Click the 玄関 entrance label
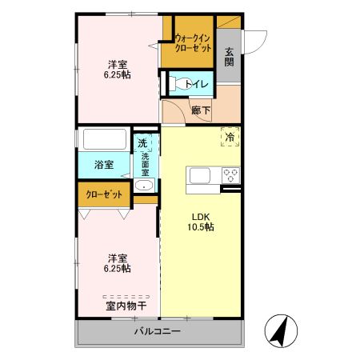tap(229, 58)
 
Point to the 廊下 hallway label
tap(200, 110)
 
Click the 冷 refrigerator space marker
tap(230, 138)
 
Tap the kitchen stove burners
tap(230, 175)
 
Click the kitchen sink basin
tap(199, 175)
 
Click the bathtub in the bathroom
tap(104, 140)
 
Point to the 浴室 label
tap(103, 165)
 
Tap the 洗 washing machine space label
tap(142, 142)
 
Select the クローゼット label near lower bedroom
tap(104, 194)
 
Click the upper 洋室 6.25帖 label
tap(118, 69)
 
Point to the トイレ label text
tap(196, 83)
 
